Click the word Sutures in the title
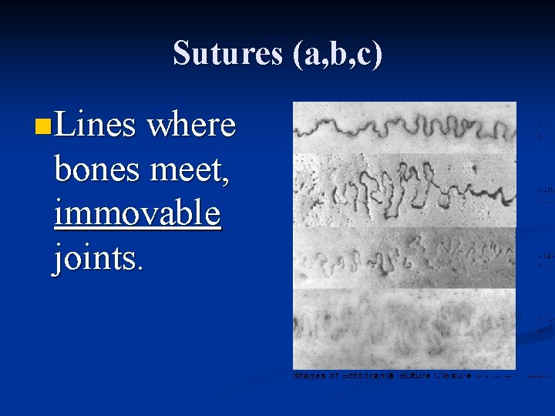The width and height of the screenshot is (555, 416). tap(227, 54)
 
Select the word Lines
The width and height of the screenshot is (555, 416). tap(95, 124)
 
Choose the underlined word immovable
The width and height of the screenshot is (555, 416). tap(137, 213)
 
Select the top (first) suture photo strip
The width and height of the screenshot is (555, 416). tap(404, 126)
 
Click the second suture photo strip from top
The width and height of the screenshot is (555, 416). tap(404, 189)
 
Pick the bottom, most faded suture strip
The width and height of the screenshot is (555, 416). tap(404, 327)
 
